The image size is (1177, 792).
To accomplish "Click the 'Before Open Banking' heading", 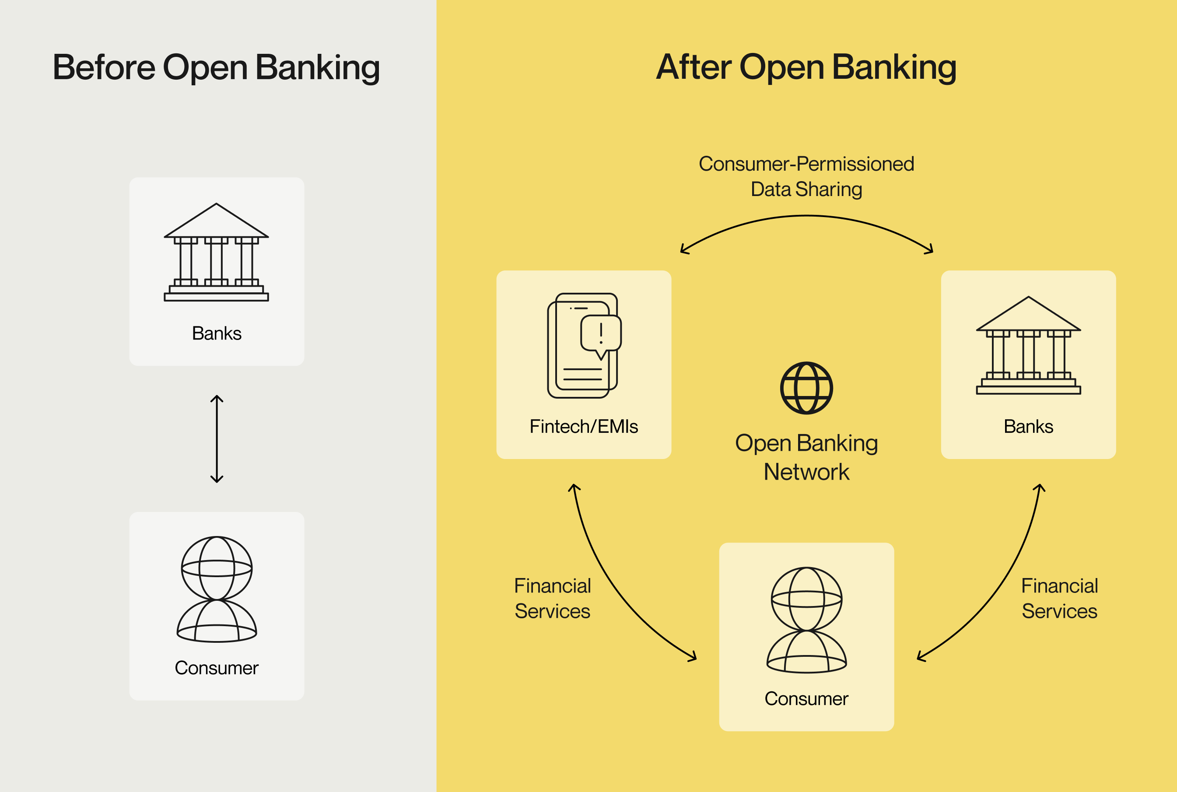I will click(216, 67).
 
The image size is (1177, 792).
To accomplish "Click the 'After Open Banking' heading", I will click(806, 67).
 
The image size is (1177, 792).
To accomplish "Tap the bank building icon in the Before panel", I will click(216, 252).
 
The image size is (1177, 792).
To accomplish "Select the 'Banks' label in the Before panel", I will click(217, 333).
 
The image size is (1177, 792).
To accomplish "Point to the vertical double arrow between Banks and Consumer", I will click(217, 439).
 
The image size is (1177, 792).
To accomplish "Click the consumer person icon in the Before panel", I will click(217, 589).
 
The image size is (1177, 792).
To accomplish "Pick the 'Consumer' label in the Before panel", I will click(217, 668).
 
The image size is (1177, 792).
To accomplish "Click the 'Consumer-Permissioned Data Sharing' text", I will click(806, 176).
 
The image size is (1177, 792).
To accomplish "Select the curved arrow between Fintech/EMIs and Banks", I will click(806, 217).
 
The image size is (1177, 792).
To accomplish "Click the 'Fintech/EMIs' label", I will click(584, 426).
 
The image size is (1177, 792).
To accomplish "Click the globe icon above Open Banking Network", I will click(806, 388).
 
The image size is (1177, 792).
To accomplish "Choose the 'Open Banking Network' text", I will click(806, 457).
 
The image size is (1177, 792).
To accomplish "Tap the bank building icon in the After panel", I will click(1029, 346).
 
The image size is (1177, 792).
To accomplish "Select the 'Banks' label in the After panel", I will click(1029, 426).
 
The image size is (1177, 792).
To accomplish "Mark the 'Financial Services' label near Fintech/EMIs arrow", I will click(552, 599).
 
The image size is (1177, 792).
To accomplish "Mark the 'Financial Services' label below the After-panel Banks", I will click(1059, 599).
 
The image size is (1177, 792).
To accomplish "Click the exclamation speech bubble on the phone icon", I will click(601, 333).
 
